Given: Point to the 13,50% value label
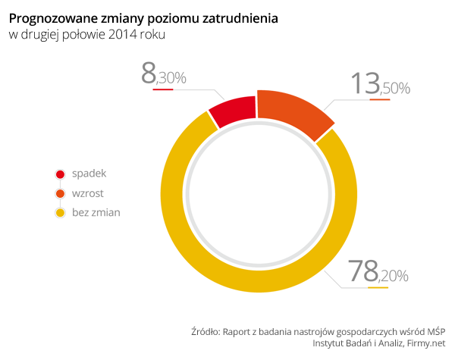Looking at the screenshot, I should tap(380, 84).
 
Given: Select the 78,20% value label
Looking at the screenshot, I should tap(377, 272).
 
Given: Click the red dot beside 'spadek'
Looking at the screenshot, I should tap(60, 174).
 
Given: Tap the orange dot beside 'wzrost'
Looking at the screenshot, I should tap(60, 193).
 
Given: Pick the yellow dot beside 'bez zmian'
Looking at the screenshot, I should tap(60, 213).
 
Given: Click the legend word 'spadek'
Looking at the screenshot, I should tap(89, 174).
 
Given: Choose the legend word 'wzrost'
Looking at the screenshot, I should tap(88, 193).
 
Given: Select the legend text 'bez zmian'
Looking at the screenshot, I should tap(96, 212).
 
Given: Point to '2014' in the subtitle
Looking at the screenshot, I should tap(125, 34).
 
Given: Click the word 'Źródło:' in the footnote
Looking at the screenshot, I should tap(206, 330).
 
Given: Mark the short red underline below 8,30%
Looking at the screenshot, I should tap(163, 89).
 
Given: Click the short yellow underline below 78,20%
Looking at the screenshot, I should tap(378, 288).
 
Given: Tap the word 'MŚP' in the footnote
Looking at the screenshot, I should tap(435, 330).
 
